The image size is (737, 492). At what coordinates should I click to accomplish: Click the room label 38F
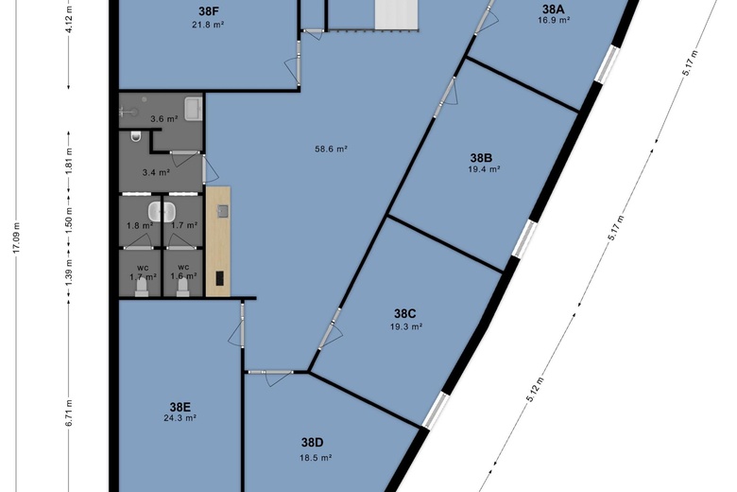207,11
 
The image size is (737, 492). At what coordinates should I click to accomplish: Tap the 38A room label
554,9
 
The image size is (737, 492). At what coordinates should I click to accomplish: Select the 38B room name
481,158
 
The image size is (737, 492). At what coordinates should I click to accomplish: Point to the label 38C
405,313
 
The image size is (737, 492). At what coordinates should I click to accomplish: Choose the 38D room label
312,443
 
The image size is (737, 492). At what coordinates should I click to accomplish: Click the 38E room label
180,407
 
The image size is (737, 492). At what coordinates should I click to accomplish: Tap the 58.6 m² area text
331,149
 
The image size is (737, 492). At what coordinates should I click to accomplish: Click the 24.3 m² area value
180,417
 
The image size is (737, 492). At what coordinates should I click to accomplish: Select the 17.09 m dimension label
16,237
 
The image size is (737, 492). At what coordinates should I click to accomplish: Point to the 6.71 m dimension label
69,413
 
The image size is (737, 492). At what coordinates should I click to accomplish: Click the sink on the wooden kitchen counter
223,211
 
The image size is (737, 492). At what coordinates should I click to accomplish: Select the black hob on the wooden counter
220,278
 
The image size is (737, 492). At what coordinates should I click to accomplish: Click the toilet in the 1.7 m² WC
142,287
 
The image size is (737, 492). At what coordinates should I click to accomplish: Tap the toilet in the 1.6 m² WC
183,287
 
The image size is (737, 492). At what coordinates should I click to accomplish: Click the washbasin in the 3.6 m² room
193,109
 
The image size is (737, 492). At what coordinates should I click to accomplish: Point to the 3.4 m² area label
156,173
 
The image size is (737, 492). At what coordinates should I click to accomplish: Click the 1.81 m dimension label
69,161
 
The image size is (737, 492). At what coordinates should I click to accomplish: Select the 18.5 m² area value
316,458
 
